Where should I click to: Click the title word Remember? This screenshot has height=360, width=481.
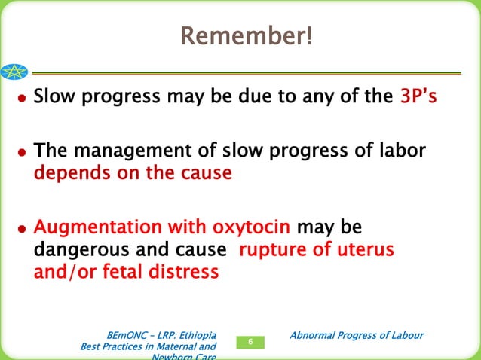[240, 36]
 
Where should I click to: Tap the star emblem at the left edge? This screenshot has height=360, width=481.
[14, 72]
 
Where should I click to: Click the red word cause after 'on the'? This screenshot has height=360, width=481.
[205, 172]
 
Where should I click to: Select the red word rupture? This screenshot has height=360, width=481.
[274, 249]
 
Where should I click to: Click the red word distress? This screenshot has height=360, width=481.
[181, 271]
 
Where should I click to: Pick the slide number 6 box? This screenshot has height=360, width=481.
[251, 343]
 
